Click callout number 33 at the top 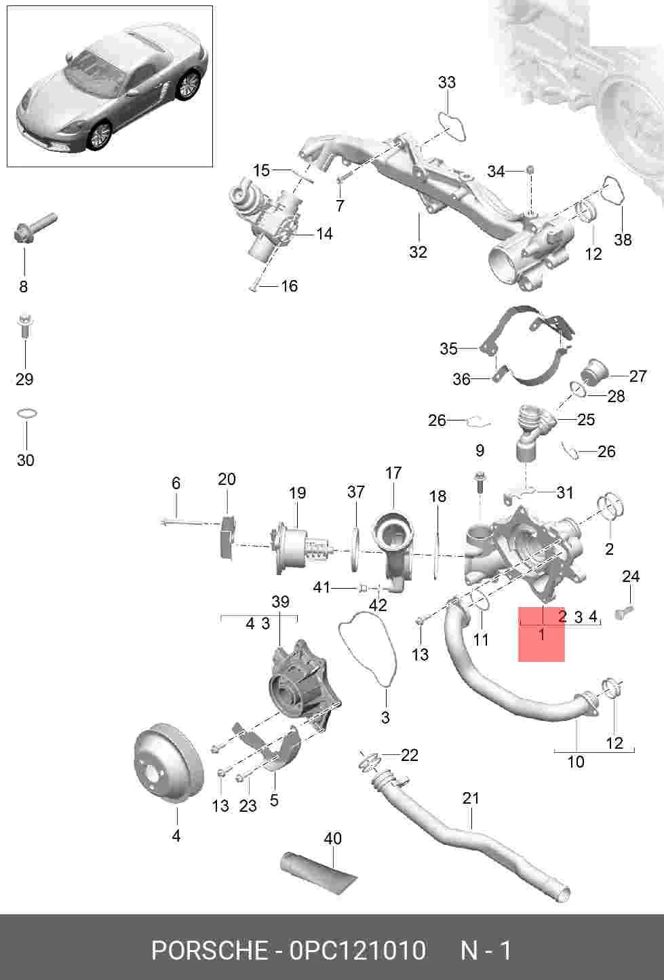pyautogui.click(x=446, y=82)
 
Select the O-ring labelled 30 pyautogui.click(x=26, y=414)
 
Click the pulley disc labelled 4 pyautogui.click(x=168, y=764)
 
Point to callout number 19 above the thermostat pyautogui.click(x=297, y=493)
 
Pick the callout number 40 pyautogui.click(x=332, y=839)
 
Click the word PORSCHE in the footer pyautogui.click(x=210, y=950)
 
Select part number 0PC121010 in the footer pyautogui.click(x=357, y=950)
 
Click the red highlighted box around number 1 pyautogui.click(x=541, y=634)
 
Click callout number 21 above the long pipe pyautogui.click(x=471, y=798)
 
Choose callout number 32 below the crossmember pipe pyautogui.click(x=418, y=252)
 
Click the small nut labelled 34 pyautogui.click(x=529, y=169)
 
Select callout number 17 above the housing pyautogui.click(x=393, y=473)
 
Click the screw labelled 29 pyautogui.click(x=25, y=326)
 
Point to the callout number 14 pyautogui.click(x=324, y=233)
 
